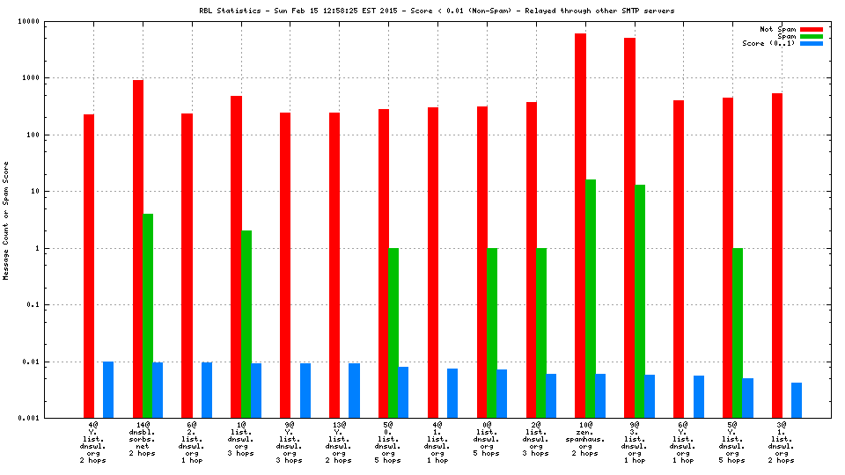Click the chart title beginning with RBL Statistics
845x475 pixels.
pos(437,11)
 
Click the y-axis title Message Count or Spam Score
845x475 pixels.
pos(6,221)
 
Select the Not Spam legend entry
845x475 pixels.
pos(792,29)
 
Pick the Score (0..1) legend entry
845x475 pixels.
pos(783,43)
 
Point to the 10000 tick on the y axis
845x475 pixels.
pos(53,21)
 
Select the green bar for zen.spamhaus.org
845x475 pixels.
pos(591,298)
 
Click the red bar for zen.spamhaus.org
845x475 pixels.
pos(580,225)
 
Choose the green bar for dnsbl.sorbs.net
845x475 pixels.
pos(148,316)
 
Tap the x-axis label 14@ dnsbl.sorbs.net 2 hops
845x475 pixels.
pos(143,442)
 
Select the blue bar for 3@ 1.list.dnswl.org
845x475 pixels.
pos(797,400)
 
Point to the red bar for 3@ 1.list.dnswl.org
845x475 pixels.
pos(777,255)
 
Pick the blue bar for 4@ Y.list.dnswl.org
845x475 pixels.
pos(108,390)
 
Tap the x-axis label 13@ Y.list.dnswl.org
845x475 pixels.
pos(339,442)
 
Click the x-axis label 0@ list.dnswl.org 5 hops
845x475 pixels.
pos(487,442)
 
